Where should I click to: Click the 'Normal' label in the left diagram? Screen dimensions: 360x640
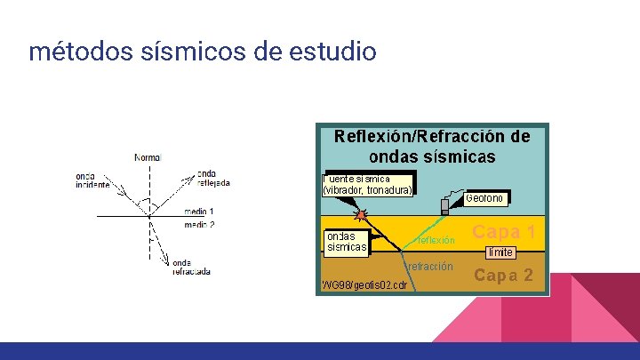(x=148, y=157)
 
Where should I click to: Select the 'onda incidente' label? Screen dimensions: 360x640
(x=92, y=180)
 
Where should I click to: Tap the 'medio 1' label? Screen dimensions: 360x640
(x=199, y=212)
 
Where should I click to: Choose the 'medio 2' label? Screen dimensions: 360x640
(x=199, y=225)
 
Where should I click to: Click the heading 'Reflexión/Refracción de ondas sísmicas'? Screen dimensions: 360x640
(x=431, y=147)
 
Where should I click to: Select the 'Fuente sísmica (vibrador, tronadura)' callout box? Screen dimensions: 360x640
(x=368, y=185)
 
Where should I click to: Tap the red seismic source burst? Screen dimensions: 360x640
(x=361, y=215)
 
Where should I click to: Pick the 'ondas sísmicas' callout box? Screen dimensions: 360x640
(x=346, y=242)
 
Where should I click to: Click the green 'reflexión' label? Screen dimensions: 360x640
(x=435, y=240)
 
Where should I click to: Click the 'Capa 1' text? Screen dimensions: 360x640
(x=503, y=232)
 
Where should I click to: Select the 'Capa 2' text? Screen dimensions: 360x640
(x=503, y=275)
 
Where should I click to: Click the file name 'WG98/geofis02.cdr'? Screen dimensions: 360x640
(x=364, y=284)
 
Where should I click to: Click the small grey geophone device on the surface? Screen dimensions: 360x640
(x=445, y=205)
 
